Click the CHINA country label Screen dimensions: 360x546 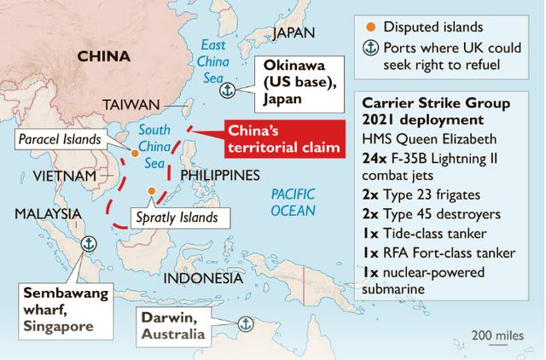point(103,56)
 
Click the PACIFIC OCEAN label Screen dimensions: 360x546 point(292,201)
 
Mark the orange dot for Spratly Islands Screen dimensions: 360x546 point(151,191)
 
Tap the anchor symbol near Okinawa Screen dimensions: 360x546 point(227,89)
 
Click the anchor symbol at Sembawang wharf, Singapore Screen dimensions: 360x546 point(86,244)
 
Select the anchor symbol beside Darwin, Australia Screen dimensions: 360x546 point(243,323)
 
